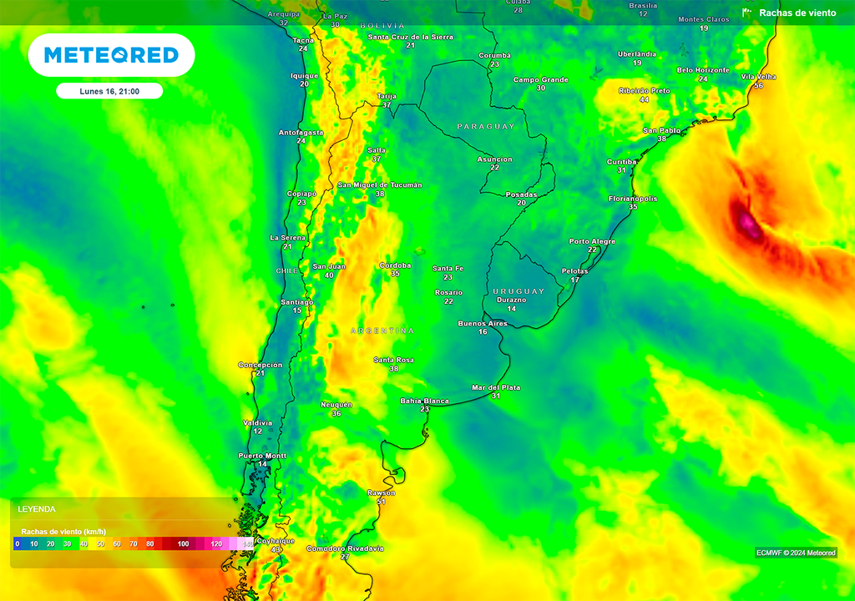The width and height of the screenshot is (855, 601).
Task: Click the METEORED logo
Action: pos(111,55)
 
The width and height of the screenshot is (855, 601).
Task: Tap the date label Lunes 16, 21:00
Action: pos(109,91)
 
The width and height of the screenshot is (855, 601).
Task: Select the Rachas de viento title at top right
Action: pos(797,13)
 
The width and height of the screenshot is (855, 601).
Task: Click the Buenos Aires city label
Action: pos(483,323)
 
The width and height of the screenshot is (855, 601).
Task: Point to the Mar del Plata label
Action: pos(496,387)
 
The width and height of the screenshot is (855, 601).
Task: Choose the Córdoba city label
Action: pos(395,265)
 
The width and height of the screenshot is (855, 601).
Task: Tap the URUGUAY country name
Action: pos(519,291)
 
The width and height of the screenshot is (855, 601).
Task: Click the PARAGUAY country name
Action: pos(485,126)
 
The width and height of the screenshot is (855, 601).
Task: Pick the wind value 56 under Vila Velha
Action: pos(758,86)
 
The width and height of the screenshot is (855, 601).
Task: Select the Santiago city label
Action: pos(297,302)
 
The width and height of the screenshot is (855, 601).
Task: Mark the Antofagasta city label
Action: pos(301,132)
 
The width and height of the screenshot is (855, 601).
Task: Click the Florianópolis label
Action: pos(633,199)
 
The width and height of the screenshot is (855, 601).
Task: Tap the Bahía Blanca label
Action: pos(424,401)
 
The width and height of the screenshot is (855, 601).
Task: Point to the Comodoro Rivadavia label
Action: pos(345,548)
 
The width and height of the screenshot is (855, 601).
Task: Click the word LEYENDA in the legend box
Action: pos(37,508)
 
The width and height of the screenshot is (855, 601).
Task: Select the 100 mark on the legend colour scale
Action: pos(183,543)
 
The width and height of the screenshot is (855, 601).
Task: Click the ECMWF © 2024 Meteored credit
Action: pos(796,553)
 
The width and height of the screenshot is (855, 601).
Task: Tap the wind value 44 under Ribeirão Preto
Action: pos(644,99)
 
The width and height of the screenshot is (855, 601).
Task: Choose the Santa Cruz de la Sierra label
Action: pos(411,37)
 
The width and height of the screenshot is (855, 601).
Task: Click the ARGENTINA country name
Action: pos(382,331)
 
